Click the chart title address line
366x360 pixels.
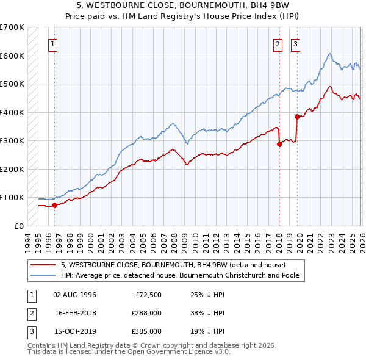[183, 5]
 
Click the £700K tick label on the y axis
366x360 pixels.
[12, 27]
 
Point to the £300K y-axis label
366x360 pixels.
[12, 140]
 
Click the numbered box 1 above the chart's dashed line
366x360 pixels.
[54, 44]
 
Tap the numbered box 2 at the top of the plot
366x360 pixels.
[278, 44]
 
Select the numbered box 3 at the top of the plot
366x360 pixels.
[295, 44]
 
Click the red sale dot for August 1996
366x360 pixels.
[54, 205]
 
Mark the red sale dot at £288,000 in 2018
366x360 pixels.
[279, 145]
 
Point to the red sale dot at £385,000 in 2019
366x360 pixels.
[296, 117]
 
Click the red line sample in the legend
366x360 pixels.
[45, 265]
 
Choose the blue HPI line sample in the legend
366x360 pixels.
[45, 275]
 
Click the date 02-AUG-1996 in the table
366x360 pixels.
[74, 295]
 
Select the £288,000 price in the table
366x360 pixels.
[146, 313]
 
